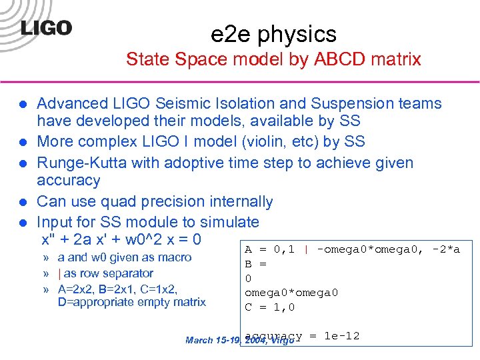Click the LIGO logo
point(46,28)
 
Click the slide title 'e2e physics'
point(273,33)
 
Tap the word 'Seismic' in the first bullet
point(185,103)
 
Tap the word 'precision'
point(176,201)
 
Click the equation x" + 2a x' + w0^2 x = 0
point(121,239)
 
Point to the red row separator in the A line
point(305,249)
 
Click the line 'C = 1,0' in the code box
point(269,307)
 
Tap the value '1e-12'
point(341,336)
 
